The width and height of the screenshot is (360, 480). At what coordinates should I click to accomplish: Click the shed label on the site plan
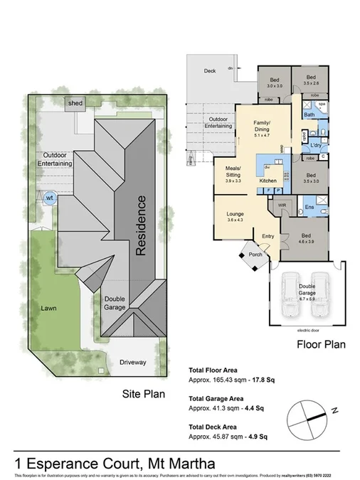coord(75,104)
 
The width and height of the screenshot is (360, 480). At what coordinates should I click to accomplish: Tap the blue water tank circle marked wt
coord(50,198)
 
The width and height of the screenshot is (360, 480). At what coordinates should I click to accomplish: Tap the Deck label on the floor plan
coord(210,71)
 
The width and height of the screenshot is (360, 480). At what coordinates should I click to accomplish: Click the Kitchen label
coord(268,181)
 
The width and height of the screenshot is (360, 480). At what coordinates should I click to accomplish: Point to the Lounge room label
coord(235,214)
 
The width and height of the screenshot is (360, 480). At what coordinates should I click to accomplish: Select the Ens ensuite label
coord(309,207)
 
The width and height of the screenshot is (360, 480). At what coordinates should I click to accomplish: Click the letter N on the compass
coord(334,410)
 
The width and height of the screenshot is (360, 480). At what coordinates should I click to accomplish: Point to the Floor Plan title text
coord(321,346)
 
